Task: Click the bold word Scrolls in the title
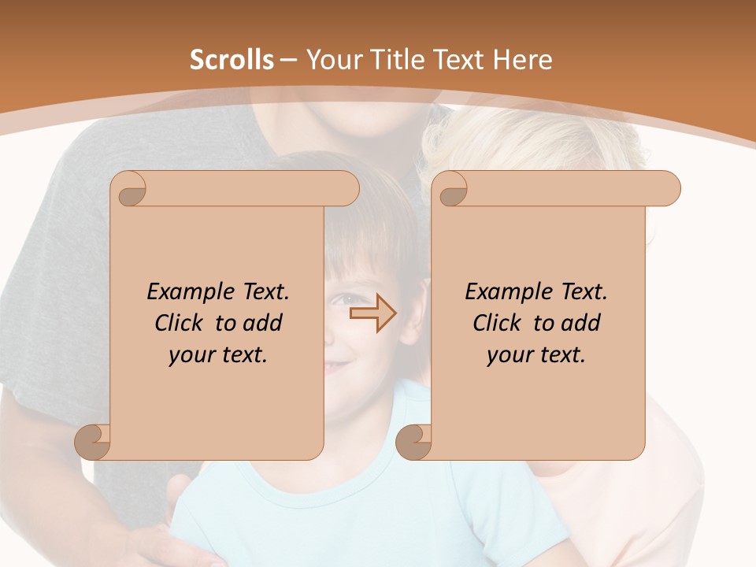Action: [232, 60]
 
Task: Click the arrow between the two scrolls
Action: [372, 313]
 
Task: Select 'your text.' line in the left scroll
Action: [218, 355]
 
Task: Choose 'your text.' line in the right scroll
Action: [536, 355]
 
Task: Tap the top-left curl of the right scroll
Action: [451, 190]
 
